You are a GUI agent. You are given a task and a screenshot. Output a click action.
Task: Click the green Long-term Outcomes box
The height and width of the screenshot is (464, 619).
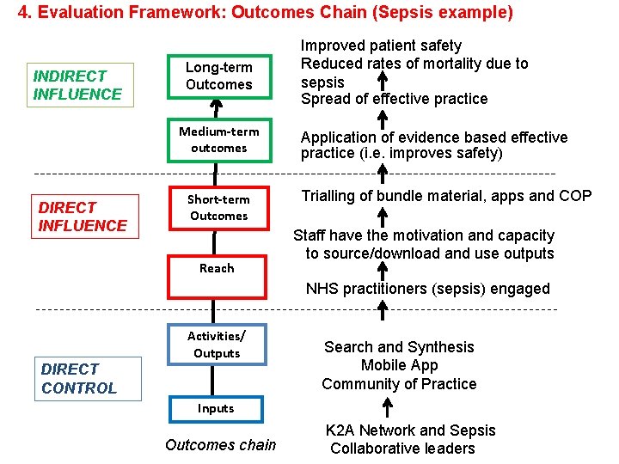[x=218, y=76]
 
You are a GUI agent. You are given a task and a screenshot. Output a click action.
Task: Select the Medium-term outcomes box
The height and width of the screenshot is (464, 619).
[x=218, y=139]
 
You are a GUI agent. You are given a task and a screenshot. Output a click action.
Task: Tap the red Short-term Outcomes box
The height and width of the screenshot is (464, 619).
[x=218, y=208]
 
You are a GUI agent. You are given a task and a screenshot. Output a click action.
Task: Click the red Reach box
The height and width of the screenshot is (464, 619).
[x=217, y=268]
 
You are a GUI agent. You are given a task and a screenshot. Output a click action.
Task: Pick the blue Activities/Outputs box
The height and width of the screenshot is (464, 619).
[x=217, y=344]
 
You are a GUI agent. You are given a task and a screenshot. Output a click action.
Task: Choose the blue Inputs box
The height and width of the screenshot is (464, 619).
[x=216, y=408]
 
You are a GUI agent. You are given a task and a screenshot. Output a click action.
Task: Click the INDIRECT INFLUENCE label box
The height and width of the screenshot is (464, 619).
[x=78, y=85]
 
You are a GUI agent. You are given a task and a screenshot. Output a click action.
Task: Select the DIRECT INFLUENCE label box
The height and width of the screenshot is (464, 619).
[x=83, y=217]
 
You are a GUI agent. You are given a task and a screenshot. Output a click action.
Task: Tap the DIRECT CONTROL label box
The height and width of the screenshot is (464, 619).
[x=78, y=378]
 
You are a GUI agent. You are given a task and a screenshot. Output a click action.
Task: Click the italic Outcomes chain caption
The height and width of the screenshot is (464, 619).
[x=221, y=444]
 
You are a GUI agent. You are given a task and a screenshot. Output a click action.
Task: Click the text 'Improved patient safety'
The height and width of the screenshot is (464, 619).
[x=381, y=46]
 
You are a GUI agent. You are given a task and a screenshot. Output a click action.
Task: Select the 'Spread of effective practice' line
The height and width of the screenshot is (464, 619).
[x=394, y=99]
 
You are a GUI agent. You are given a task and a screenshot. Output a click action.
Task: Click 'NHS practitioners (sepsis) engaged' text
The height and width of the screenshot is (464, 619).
[x=427, y=289]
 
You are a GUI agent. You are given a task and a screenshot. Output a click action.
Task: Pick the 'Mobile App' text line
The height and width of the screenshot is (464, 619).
[x=399, y=365]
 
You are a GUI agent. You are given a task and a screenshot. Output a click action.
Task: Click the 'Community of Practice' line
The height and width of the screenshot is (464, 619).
[x=399, y=384]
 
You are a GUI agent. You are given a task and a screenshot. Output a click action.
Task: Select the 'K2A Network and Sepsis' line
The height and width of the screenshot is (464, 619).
[x=410, y=430]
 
